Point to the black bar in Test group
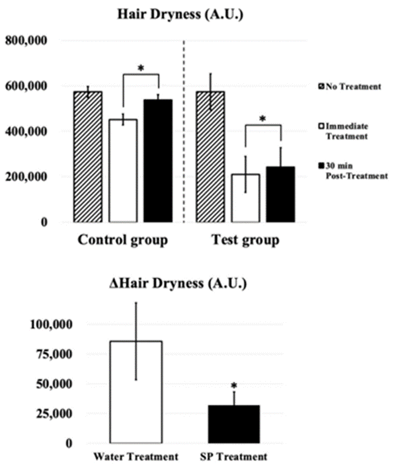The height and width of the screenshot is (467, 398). [x=280, y=194]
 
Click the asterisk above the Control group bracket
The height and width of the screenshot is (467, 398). [x=141, y=68]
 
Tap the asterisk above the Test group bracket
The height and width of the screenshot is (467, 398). [x=263, y=120]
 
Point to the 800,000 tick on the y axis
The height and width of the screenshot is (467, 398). [x=28, y=41]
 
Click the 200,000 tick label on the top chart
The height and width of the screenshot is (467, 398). [x=28, y=177]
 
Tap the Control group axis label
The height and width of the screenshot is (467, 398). [x=122, y=239]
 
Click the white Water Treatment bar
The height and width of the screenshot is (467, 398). [x=136, y=392]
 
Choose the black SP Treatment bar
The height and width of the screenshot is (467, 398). [x=234, y=424]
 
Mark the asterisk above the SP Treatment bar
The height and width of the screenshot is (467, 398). [x=234, y=386]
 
